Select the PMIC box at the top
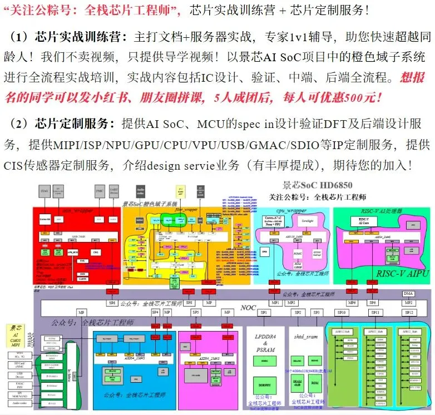tap(100, 192)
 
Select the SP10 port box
tap(342, 313)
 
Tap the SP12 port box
tap(409, 313)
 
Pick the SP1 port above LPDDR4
tap(264, 313)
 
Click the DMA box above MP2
tap(409, 293)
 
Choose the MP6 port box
tap(352, 303)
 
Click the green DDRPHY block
tap(264, 384)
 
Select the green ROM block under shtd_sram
tap(314, 384)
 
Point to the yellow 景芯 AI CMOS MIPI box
tap(17, 338)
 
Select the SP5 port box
tap(196, 313)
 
